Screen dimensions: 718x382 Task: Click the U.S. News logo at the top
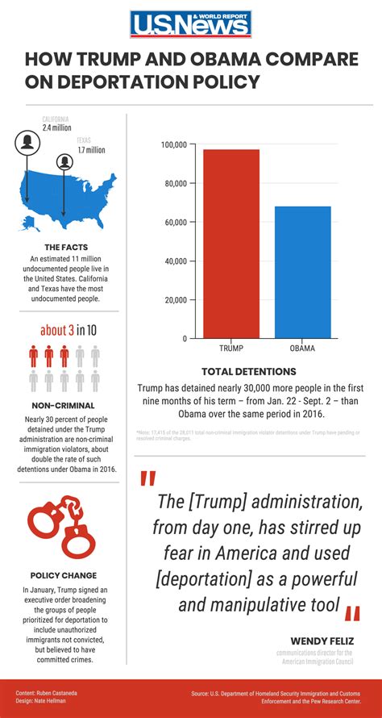point(191,25)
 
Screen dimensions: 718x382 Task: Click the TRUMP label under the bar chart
point(231,349)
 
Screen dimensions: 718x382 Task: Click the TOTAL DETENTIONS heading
point(249,372)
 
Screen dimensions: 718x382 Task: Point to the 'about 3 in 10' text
point(69,330)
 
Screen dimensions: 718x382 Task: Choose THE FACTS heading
point(66,247)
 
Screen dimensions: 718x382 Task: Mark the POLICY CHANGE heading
point(63,575)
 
